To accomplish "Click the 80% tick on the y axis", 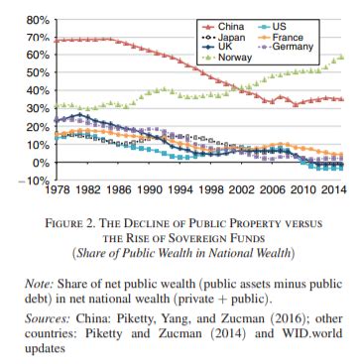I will (36, 20).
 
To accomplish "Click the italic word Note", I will (48, 285).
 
